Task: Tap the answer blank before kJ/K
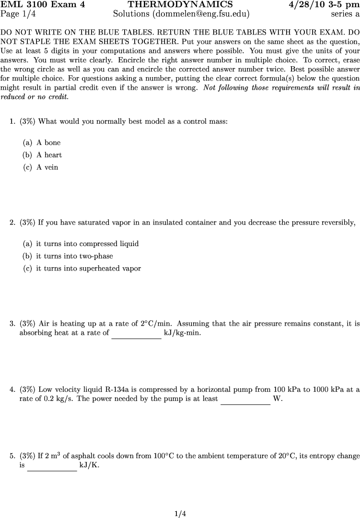[52, 468]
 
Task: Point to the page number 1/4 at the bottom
[180, 514]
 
